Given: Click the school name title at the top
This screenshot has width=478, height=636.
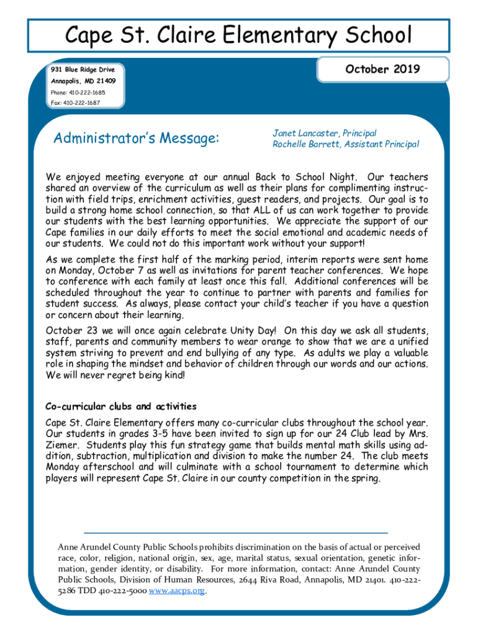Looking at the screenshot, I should click(x=239, y=35).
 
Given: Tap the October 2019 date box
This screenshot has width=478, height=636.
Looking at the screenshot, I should click(x=382, y=70).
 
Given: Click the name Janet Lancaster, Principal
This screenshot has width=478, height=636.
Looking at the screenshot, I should click(x=325, y=134).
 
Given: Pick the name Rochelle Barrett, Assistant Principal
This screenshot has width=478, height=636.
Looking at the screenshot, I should click(x=346, y=144).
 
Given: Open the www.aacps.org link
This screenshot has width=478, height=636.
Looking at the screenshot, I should click(x=177, y=591).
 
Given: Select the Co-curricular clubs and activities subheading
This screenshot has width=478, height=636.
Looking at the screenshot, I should click(x=121, y=407).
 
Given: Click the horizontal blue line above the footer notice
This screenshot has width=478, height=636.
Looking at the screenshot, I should click(x=235, y=533).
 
